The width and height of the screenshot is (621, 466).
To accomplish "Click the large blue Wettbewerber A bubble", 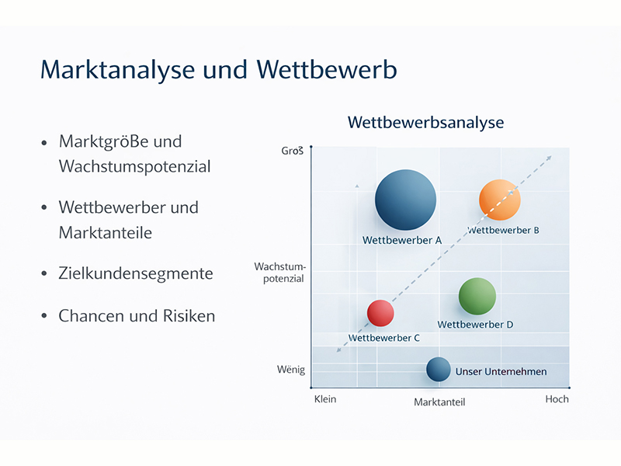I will (405, 200).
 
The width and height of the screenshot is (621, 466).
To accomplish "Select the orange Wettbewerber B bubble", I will (500, 200).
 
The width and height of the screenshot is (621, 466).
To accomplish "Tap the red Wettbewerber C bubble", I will (380, 313).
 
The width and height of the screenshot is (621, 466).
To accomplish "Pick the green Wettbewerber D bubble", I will (477, 296).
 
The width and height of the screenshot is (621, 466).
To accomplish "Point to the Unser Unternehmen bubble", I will (439, 370).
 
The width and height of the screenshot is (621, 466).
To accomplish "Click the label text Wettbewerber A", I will (402, 241).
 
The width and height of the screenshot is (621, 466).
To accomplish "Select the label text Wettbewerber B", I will (503, 230).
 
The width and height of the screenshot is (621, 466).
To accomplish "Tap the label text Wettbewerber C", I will (384, 338).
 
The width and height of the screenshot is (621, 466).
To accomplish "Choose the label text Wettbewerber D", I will (475, 325).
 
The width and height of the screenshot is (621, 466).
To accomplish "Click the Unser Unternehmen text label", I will (501, 372).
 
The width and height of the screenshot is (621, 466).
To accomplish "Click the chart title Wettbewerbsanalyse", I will (425, 123).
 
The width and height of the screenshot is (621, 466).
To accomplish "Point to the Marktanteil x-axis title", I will (439, 402).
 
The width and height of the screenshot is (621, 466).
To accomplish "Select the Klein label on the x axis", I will (325, 399).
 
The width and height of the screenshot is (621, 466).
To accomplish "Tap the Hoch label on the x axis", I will (557, 399).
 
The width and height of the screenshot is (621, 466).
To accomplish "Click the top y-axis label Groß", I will (292, 151).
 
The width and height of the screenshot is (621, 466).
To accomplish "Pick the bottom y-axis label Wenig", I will (291, 370).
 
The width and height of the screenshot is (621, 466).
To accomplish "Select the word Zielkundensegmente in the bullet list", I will (136, 273).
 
